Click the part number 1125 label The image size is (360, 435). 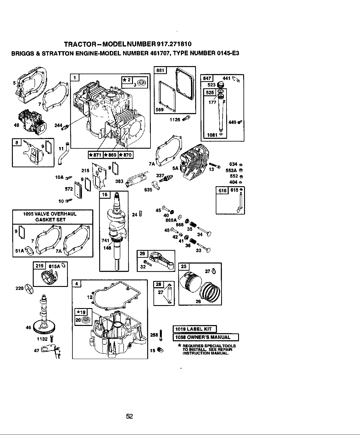click(x=175, y=120)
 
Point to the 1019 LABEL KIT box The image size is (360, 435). click(x=195, y=329)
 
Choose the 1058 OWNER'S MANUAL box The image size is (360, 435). click(x=206, y=337)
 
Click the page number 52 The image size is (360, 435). click(x=129, y=416)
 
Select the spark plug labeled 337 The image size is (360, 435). click(x=166, y=178)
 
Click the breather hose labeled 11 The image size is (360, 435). click(x=63, y=153)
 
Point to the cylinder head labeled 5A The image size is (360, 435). click(x=194, y=162)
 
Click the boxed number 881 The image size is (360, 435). click(x=160, y=70)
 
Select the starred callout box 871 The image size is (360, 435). click(x=95, y=155)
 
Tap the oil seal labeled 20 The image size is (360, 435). click(x=85, y=320)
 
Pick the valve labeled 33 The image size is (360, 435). click(x=204, y=247)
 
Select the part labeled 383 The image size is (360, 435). click(x=136, y=178)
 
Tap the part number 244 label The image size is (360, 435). click(x=58, y=125)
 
